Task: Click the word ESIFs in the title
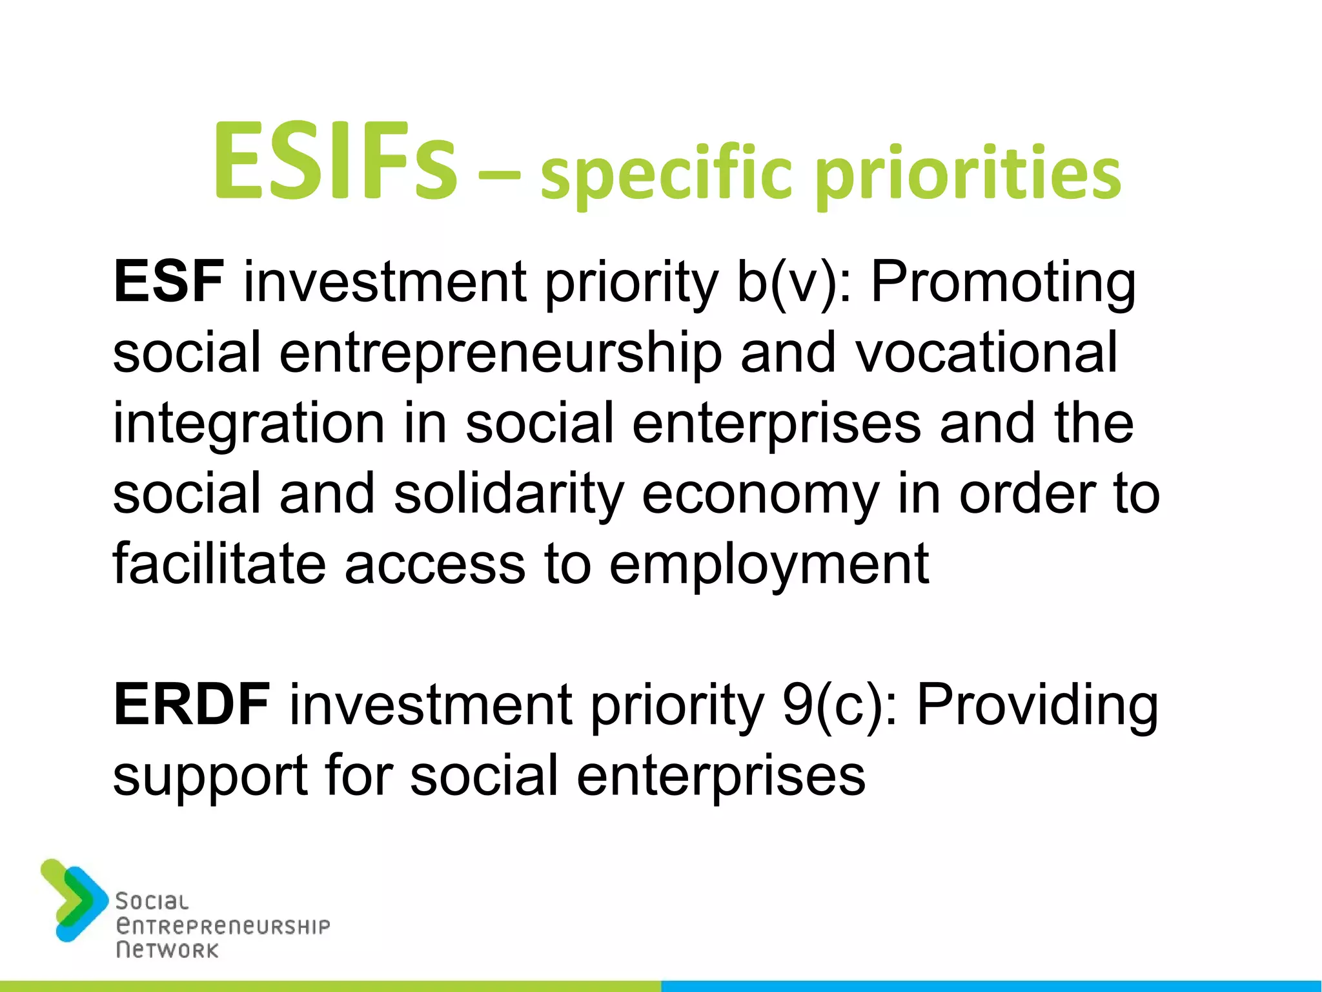coord(335,162)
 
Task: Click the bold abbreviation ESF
coord(169,282)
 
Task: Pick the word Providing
coord(1037,707)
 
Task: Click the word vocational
coord(986,353)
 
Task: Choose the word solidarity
coord(509,494)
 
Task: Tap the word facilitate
coord(219,564)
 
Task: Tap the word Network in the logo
coord(167,950)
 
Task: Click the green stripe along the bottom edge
coord(330,986)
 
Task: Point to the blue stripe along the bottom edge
coord(991,986)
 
